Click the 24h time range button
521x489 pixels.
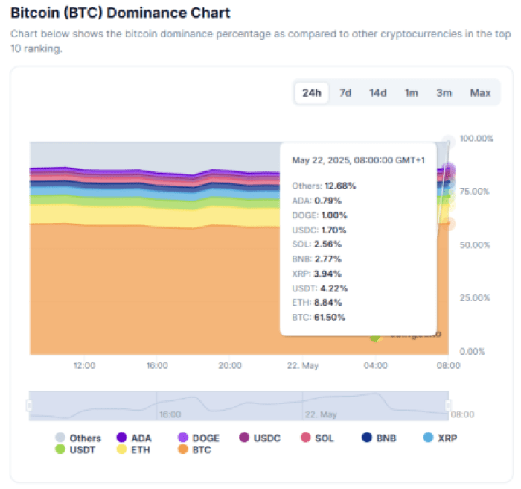click(311, 93)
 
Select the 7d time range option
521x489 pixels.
click(345, 93)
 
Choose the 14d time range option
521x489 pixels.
click(377, 93)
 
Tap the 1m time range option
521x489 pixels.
click(411, 93)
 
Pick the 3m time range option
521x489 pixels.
click(444, 93)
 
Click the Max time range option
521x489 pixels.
click(480, 93)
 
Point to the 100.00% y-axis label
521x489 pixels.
click(477, 139)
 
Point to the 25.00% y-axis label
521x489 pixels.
click(477, 298)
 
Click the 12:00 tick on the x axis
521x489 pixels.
click(84, 365)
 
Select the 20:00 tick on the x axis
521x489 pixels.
click(229, 365)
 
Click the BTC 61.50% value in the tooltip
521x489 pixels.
click(319, 317)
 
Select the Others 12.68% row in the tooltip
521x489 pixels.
click(324, 186)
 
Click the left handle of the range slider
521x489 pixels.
click(30, 405)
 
